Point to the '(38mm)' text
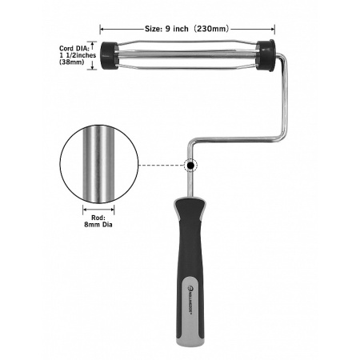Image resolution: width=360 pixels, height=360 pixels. pos(71,68)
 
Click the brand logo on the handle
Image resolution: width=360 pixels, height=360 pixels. pos(198,281)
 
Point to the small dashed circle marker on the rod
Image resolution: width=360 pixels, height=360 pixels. pos(190,166)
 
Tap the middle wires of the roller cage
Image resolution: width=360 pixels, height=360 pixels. pos(188,56)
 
